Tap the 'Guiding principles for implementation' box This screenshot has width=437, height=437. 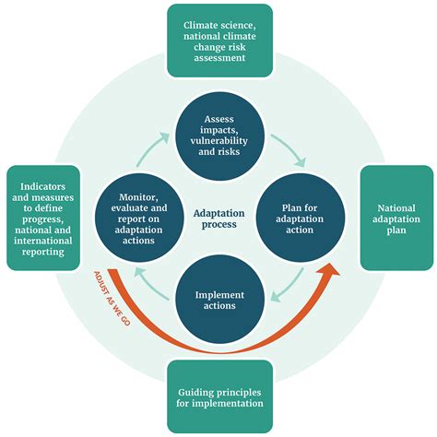tap(218, 396)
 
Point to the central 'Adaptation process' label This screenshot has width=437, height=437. tap(218, 219)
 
